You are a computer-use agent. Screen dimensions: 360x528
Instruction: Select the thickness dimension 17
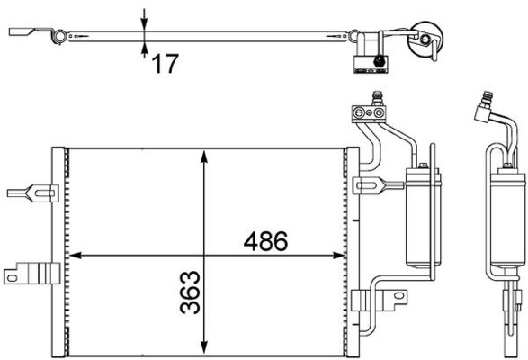166,63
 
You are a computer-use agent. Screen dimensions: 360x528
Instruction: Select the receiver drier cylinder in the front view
421,216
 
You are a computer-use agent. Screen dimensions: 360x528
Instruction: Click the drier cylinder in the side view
505,216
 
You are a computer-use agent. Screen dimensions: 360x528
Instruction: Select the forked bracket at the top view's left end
27,33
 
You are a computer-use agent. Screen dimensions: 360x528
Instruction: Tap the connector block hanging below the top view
371,61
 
